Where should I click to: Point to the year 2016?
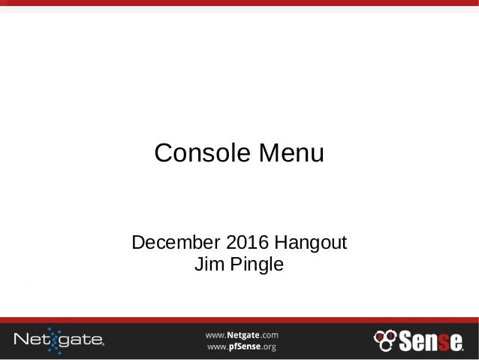pyautogui.click(x=245, y=244)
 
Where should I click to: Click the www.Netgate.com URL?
pyautogui.click(x=243, y=333)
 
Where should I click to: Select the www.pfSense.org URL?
pyautogui.click(x=243, y=346)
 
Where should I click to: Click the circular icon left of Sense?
pyautogui.click(x=384, y=339)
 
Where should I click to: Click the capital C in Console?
pyautogui.click(x=162, y=154)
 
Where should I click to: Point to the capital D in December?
pyautogui.click(x=139, y=244)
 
